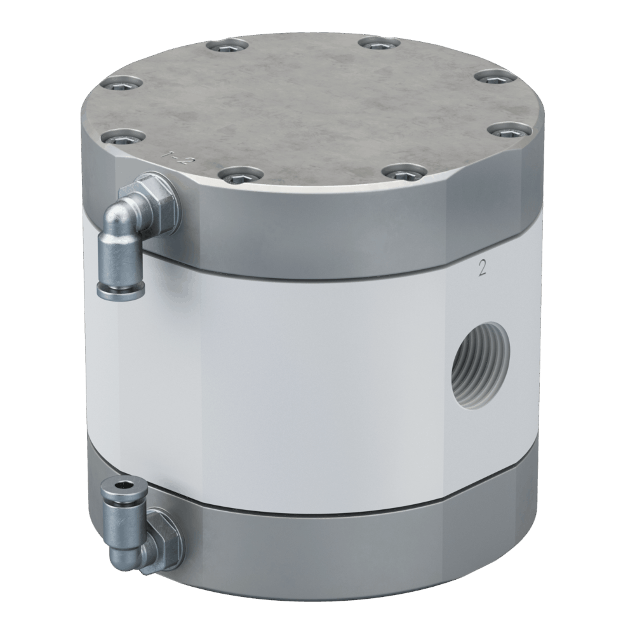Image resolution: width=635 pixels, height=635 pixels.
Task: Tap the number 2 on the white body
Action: (x=481, y=269)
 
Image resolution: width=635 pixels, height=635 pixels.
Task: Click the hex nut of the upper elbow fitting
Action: (x=156, y=199)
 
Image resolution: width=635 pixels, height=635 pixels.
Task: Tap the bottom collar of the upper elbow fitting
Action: (x=121, y=290)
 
